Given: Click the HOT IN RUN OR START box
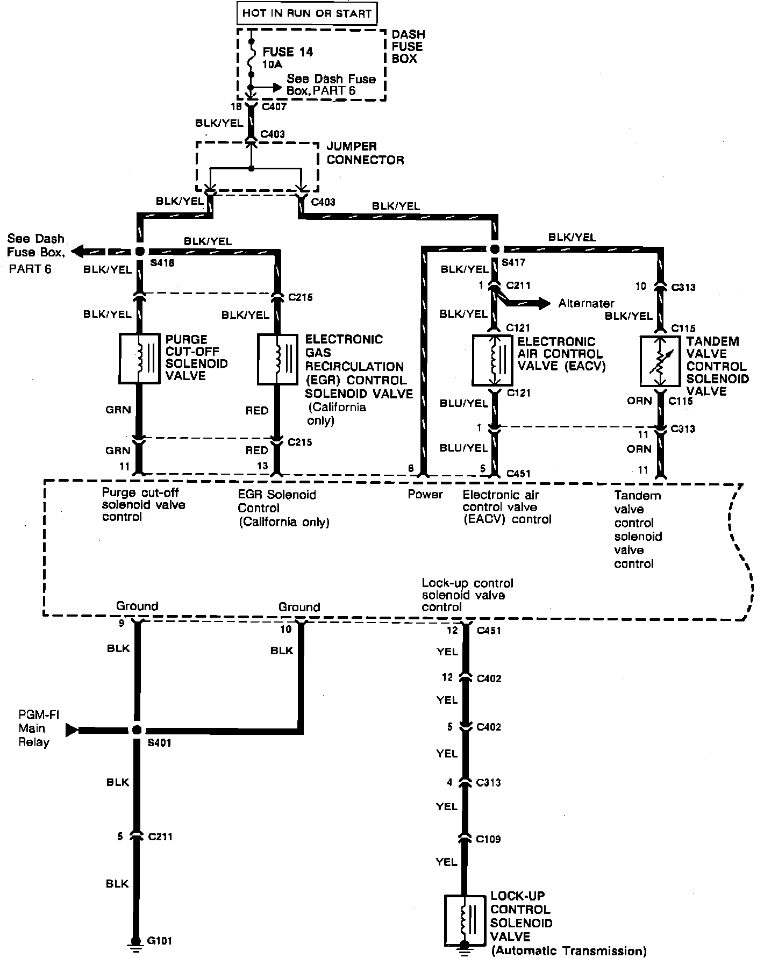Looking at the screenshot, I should (306, 13).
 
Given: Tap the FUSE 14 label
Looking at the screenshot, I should (288, 52).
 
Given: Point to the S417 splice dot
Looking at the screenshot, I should (495, 249).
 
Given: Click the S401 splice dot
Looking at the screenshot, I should (137, 730).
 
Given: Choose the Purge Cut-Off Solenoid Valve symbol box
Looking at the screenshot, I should (139, 358).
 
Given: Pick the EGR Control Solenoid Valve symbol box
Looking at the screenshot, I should (278, 359).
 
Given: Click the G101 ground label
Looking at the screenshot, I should (160, 941).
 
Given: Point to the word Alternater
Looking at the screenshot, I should (586, 303).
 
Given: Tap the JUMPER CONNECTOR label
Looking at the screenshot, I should (365, 153).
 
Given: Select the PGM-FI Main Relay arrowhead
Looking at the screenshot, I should (72, 730).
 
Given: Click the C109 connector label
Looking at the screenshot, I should (489, 838).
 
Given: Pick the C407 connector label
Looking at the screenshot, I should (274, 106).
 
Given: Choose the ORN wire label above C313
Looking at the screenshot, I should (639, 401).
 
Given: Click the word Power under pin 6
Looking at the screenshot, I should (425, 494).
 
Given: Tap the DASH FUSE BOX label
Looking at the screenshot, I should (407, 47).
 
